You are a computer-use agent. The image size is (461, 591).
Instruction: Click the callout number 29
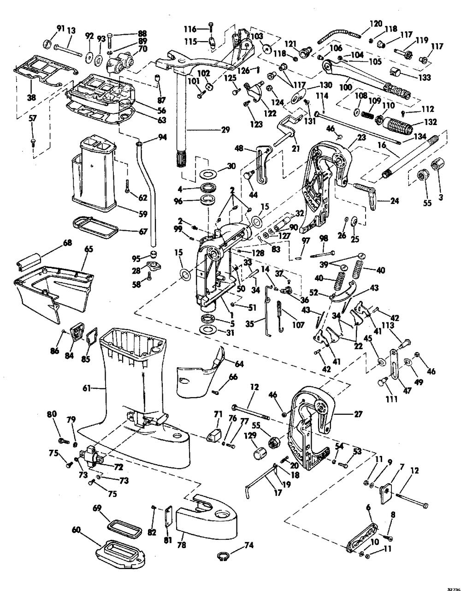pyautogui.click(x=225, y=130)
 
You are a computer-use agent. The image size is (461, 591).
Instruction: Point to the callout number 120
pyautogui.click(x=376, y=22)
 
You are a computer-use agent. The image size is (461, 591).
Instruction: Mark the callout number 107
pyautogui.click(x=298, y=325)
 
